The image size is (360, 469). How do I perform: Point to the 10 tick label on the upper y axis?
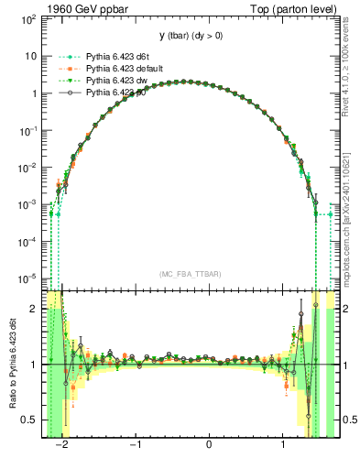click(30, 56)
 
